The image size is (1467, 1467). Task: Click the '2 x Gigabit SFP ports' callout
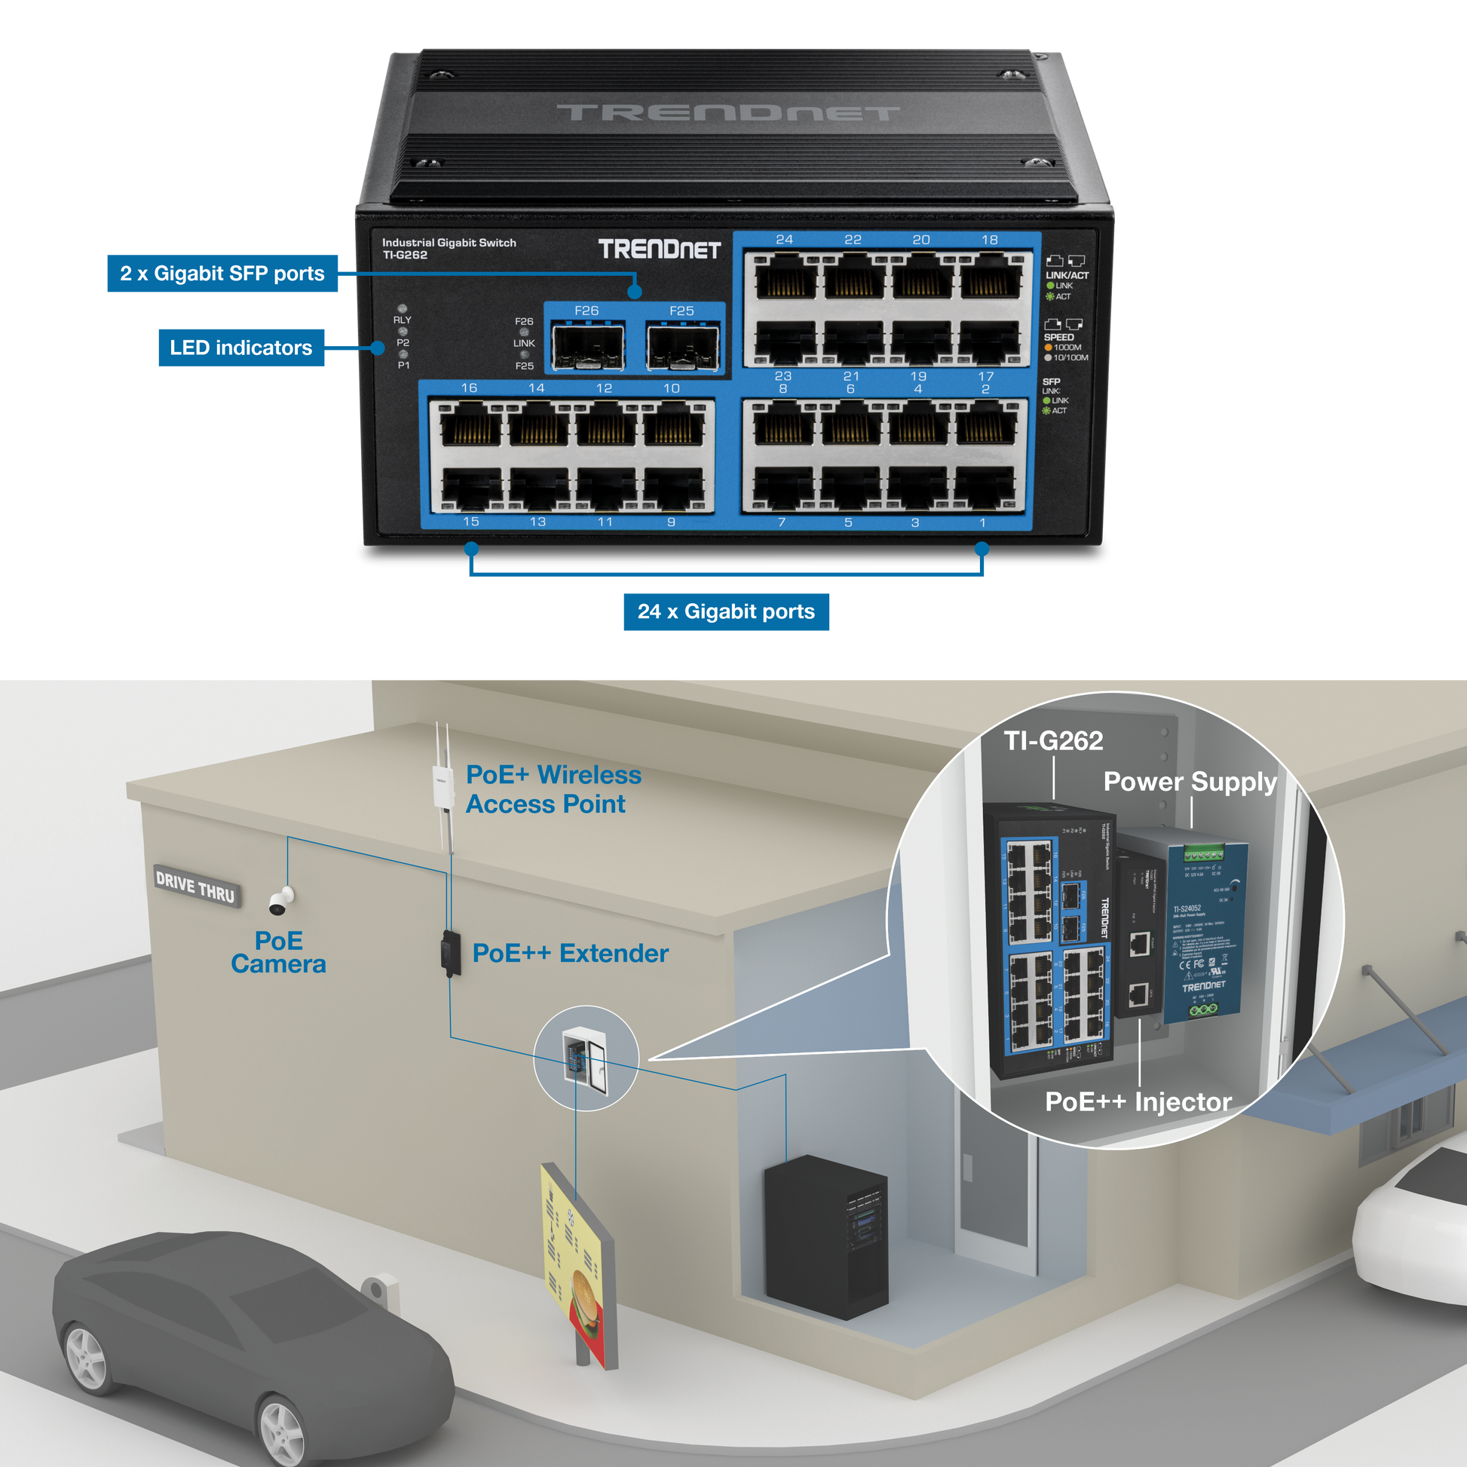coord(222,274)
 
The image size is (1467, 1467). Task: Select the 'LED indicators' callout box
coord(240,348)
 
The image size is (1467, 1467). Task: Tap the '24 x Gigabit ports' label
coord(725,611)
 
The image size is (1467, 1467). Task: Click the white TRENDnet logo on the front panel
coord(659,249)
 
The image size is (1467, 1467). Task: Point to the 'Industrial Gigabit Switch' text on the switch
coord(449,242)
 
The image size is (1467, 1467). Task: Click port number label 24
coord(784,240)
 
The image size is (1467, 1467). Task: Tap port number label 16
coord(469,388)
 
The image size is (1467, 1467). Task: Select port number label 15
coord(470,522)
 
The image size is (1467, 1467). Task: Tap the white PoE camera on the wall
coord(280,902)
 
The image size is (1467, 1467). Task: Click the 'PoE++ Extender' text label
coord(570,953)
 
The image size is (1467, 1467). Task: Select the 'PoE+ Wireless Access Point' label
coord(553,789)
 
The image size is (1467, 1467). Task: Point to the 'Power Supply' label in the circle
coord(1189,781)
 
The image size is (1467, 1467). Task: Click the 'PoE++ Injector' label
coord(1138,1101)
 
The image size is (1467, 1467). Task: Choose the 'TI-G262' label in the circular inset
coord(1053,740)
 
